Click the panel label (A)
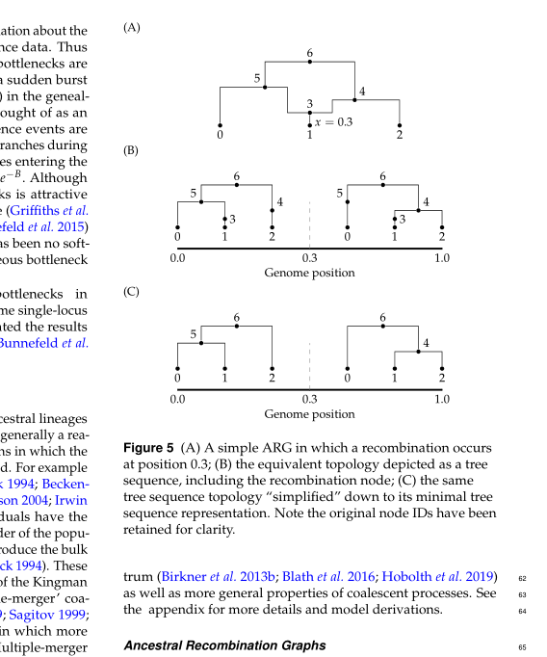[x=132, y=28]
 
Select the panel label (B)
[x=132, y=151]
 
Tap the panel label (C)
[x=132, y=290]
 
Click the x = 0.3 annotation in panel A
[x=333, y=121]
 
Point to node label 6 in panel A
[x=310, y=52]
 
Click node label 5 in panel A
[x=257, y=78]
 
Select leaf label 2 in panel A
[x=400, y=134]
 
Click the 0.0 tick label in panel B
[x=178, y=258]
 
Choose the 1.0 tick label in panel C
[x=442, y=398]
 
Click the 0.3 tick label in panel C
[x=310, y=398]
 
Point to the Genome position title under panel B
[x=310, y=273]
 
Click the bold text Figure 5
[x=149, y=448]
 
